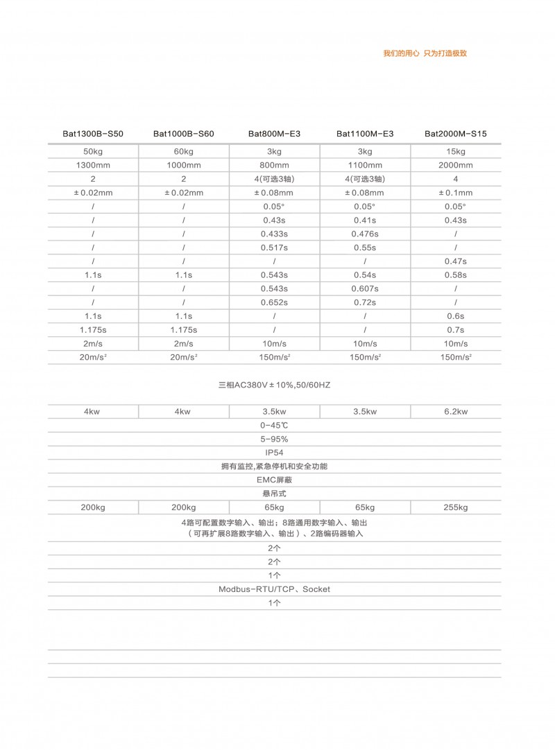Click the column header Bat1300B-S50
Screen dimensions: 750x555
tap(93, 133)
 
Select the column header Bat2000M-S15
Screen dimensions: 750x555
tap(455, 133)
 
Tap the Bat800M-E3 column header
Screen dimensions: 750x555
tap(274, 133)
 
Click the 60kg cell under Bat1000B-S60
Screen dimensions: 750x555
tap(183, 152)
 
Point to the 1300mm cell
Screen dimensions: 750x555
tap(93, 165)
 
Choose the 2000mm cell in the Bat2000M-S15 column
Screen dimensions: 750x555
tap(455, 165)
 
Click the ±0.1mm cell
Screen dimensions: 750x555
tap(455, 193)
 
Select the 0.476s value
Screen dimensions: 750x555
tap(364, 234)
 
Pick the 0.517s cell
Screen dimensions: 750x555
tap(274, 247)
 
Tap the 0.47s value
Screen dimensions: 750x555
tap(455, 261)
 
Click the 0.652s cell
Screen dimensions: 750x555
tap(274, 302)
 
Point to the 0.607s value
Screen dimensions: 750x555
tap(364, 288)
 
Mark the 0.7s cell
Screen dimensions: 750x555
tap(455, 330)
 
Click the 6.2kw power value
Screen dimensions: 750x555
tap(455, 412)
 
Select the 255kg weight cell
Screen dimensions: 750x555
tap(455, 507)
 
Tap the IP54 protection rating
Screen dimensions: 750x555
tap(274, 453)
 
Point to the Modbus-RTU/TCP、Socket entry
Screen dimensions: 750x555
tap(274, 589)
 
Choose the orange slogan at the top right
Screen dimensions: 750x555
tap(425, 53)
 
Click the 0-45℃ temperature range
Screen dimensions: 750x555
tap(274, 425)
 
